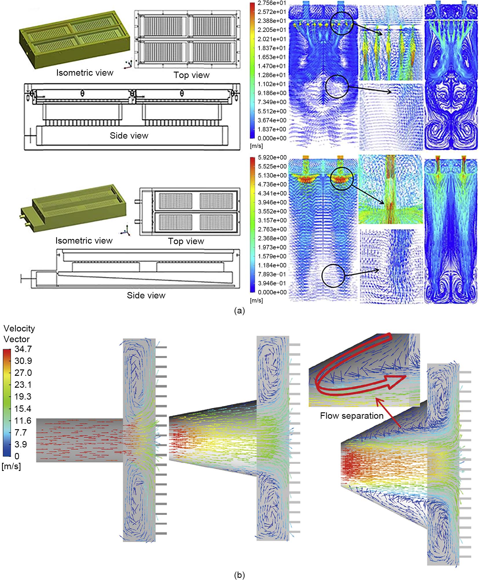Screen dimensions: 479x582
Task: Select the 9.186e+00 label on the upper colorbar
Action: [x=272, y=93]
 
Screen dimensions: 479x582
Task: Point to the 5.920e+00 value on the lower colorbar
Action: [x=272, y=157]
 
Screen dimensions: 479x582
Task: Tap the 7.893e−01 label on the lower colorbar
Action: [x=272, y=274]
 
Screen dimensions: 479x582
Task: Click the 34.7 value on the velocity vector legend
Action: [x=23, y=349]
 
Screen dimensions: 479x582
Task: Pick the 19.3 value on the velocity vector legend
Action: [x=23, y=397]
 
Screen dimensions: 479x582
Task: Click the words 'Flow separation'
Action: [x=352, y=416]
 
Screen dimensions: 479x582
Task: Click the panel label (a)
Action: [x=239, y=311]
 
